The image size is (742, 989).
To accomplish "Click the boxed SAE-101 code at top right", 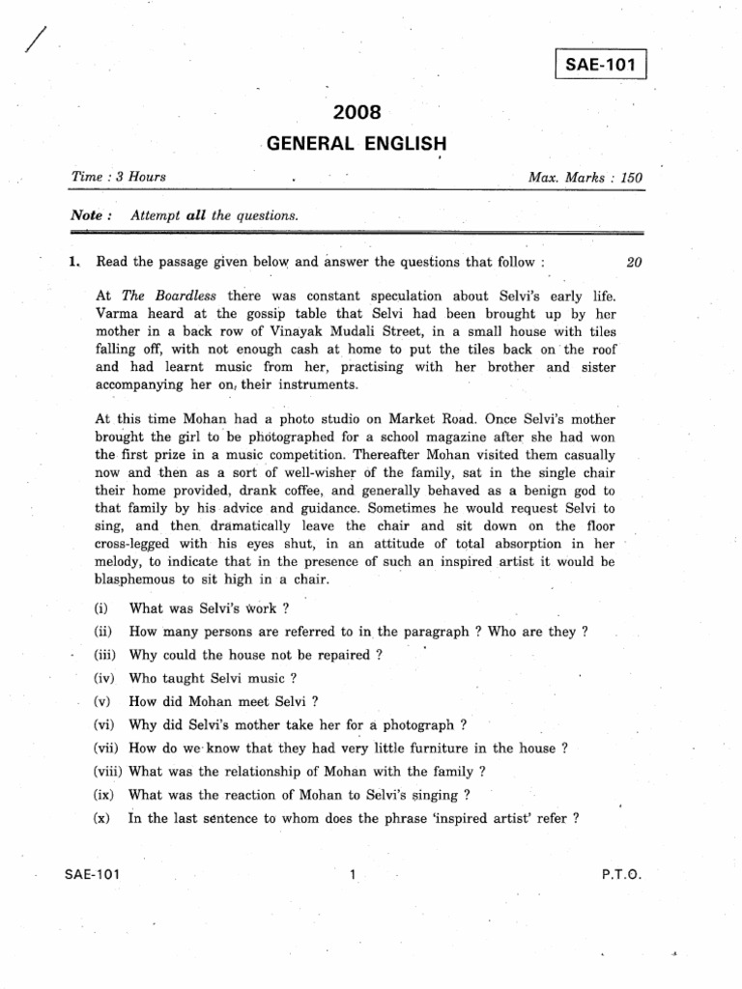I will coord(600,67).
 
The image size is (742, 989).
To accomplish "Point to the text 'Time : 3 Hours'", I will coord(119,178).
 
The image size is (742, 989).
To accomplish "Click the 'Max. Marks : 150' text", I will coord(585,179).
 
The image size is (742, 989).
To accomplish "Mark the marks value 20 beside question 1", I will coord(634,262).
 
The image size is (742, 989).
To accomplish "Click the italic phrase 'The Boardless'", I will coord(164,296).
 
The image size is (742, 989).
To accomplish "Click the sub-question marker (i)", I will coord(100,608).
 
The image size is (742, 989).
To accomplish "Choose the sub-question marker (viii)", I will coord(109,771).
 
